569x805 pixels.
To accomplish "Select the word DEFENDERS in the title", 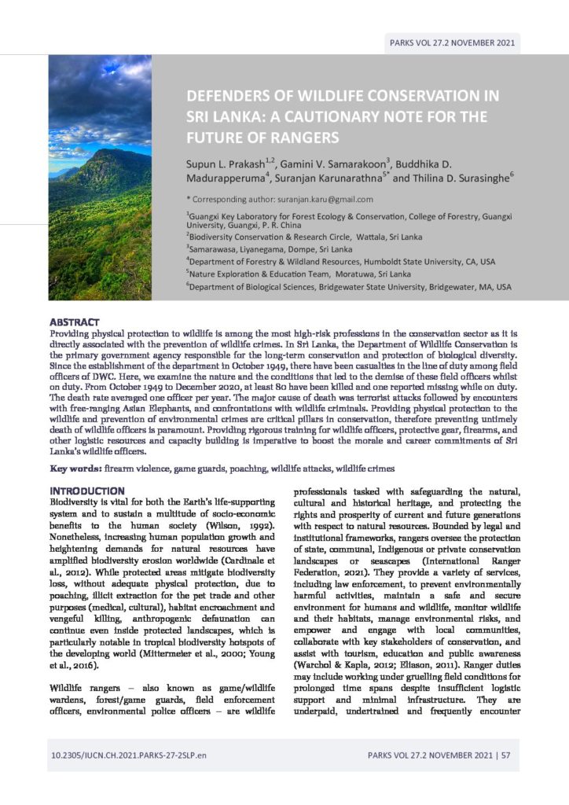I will [229, 97].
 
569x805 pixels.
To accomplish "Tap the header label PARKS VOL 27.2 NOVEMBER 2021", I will [452, 43].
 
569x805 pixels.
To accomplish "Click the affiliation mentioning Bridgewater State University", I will [350, 287].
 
